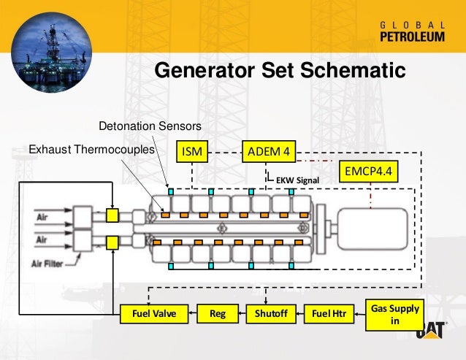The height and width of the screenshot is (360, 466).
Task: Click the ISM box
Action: tap(192, 152)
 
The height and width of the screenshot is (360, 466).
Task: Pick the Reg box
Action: tap(218, 314)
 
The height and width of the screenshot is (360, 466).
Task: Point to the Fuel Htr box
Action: tap(328, 314)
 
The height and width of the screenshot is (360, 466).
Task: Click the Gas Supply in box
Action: tap(396, 314)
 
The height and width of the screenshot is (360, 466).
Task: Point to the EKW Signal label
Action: tap(295, 178)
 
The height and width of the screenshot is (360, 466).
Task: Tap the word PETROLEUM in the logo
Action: tap(412, 39)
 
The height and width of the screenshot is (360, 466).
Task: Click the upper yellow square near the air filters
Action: tap(112, 215)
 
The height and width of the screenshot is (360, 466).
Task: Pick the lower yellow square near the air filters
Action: tap(112, 242)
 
